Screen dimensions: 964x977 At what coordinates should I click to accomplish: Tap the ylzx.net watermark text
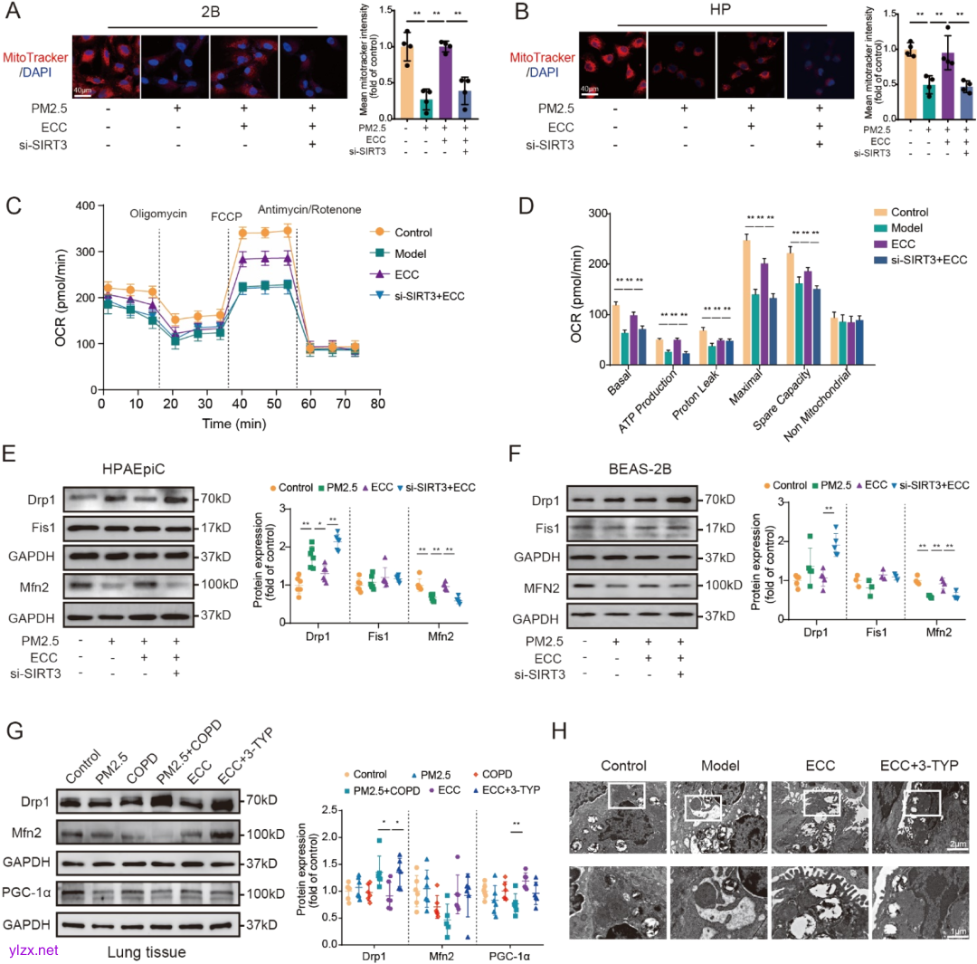[33, 950]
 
